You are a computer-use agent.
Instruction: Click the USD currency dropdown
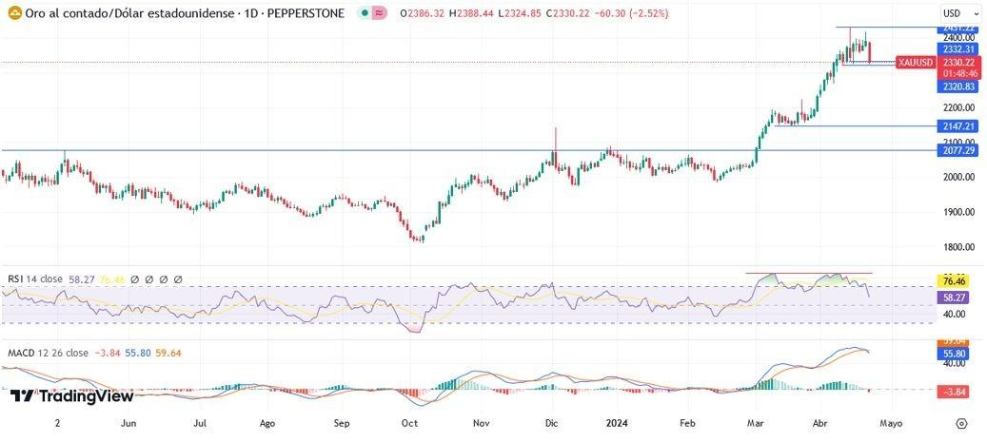(954, 13)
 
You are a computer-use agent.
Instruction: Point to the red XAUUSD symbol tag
(916, 63)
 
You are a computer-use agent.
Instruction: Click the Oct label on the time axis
(410, 423)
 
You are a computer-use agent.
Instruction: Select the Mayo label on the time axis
(890, 423)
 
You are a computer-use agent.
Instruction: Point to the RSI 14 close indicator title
(35, 279)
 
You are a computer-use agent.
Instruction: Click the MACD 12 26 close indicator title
(48, 353)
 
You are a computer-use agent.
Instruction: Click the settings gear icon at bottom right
(961, 423)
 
